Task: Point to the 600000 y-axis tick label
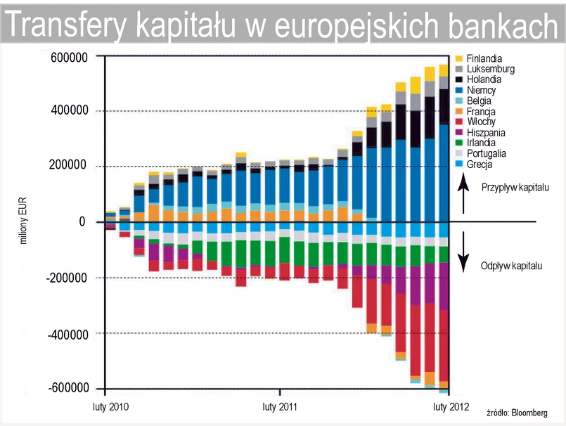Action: (x=68, y=56)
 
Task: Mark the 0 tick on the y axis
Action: (x=82, y=222)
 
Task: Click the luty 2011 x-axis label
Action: (x=279, y=406)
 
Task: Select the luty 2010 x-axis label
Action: (x=110, y=406)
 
